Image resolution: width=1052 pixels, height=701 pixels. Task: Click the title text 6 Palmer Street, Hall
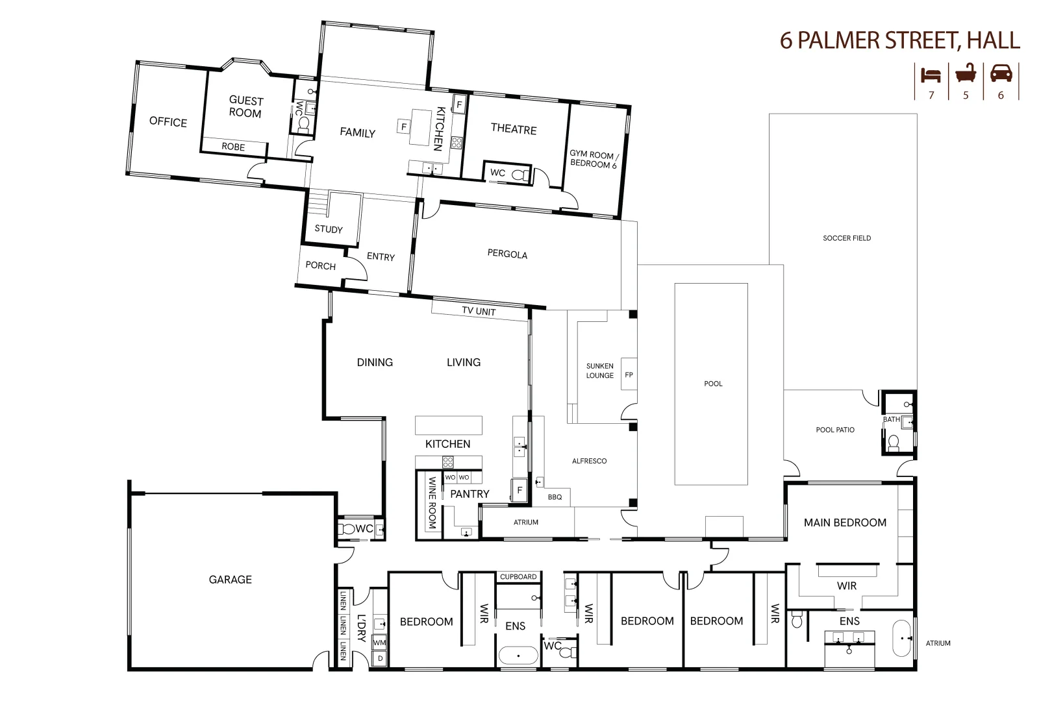tap(899, 40)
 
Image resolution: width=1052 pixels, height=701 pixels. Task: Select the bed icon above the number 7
tap(931, 74)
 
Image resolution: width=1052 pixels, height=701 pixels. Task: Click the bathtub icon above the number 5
tap(966, 73)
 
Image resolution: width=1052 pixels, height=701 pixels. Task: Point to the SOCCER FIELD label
tap(847, 238)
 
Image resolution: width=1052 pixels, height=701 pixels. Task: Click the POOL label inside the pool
tap(713, 384)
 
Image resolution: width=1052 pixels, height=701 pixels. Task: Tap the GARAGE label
tap(230, 580)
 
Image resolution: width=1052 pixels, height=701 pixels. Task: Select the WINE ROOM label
tap(432, 502)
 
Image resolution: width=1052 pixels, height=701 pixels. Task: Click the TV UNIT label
tap(479, 312)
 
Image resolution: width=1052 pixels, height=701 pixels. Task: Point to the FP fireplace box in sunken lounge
tap(629, 375)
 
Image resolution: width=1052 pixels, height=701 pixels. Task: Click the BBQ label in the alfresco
tap(555, 497)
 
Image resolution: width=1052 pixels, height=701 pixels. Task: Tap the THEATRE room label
tap(514, 129)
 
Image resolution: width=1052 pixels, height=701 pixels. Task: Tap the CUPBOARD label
tap(518, 577)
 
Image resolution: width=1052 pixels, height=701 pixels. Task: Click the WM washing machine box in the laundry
tap(379, 643)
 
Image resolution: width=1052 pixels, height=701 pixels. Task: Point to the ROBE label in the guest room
tap(233, 147)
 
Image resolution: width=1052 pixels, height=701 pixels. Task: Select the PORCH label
tap(320, 266)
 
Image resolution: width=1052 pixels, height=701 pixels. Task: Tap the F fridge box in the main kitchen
tap(520, 491)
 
